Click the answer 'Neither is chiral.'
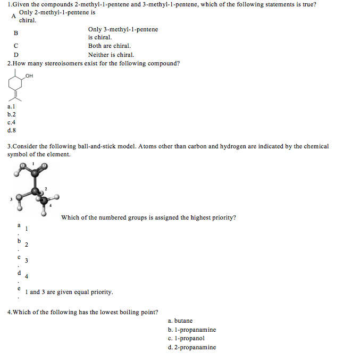[111, 55]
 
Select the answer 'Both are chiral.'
[110, 46]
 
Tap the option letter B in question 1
[16, 33]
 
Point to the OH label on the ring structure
[29, 76]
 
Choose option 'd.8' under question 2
[12, 130]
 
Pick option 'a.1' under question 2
[12, 106]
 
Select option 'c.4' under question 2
[12, 122]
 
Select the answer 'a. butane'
[180, 321]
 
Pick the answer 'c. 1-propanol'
[186, 338]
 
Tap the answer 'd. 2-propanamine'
[191, 347]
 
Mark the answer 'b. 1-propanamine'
[191, 330]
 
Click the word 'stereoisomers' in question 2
[64, 63]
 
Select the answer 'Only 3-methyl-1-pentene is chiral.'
[123, 33]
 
